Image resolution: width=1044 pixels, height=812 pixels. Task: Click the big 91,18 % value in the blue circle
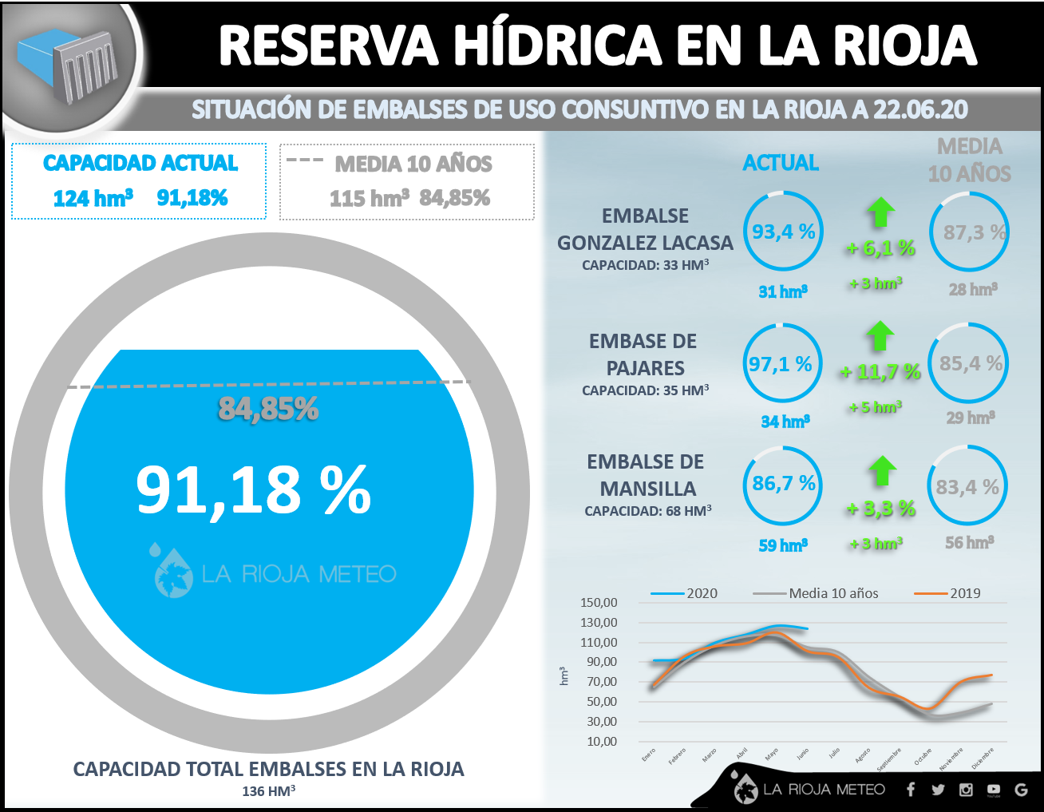coord(253,489)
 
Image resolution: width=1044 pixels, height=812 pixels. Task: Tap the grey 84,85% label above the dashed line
coord(268,409)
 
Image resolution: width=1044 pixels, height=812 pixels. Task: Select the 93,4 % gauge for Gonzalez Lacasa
coord(783,232)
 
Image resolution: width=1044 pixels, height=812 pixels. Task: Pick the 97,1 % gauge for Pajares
coord(781,363)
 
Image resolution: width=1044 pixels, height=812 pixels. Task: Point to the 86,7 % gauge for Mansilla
coord(783,485)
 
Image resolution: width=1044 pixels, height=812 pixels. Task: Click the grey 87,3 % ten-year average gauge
coord(970,232)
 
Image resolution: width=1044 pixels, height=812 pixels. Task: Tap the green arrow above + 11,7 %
coord(880,336)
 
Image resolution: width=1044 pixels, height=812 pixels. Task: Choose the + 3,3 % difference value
coord(881,509)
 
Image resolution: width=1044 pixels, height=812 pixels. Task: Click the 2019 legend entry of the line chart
coord(949,593)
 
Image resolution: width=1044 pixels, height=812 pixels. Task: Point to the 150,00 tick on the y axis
coord(599,603)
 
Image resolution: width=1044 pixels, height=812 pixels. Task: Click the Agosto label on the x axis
coord(861,755)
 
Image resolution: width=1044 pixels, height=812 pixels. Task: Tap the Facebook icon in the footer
coord(911,790)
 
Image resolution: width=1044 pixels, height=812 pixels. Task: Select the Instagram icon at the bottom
coord(966,790)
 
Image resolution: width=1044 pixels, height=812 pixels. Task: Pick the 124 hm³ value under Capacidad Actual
coord(93,198)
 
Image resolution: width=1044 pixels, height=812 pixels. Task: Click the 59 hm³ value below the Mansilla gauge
coord(782,545)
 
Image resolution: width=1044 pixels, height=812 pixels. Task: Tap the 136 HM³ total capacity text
coord(269,791)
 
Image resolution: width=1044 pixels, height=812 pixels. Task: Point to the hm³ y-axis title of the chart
coord(564,675)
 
